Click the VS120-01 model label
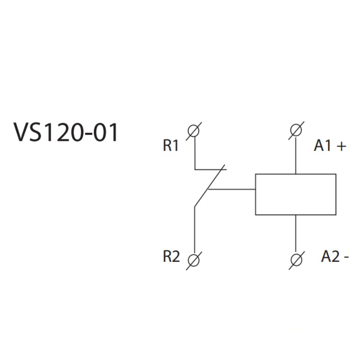(66, 132)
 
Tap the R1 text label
(171, 146)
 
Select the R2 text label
(171, 257)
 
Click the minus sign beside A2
(346, 257)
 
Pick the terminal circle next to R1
(194, 131)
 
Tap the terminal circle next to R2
(194, 259)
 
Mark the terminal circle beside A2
(296, 259)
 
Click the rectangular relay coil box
(296, 194)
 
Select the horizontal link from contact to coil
(232, 189)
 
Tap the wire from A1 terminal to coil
(296, 155)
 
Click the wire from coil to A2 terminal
(296, 234)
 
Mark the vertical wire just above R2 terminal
(194, 230)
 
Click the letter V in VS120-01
(22, 132)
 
